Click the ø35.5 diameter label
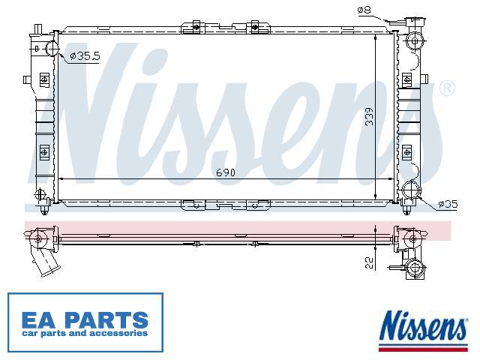tap(85, 55)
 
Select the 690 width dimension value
tap(226, 172)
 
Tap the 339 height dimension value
tap(370, 116)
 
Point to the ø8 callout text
tap(364, 10)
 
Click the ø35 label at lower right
tap(448, 204)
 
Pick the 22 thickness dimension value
tap(370, 262)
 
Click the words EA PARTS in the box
tap(85, 319)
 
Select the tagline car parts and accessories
tap(85, 333)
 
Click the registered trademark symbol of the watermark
tap(447, 88)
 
